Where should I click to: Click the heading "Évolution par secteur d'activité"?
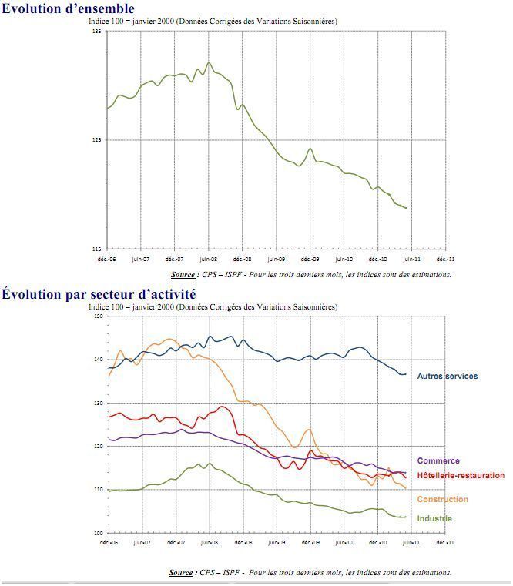click(99, 294)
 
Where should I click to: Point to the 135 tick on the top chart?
click(97, 32)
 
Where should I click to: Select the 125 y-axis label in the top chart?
click(97, 140)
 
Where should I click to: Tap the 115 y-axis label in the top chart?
click(97, 249)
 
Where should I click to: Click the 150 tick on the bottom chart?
click(97, 316)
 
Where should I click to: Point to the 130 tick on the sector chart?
click(97, 403)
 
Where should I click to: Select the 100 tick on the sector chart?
click(97, 533)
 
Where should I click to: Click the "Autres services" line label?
click(447, 377)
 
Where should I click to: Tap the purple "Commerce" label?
click(438, 461)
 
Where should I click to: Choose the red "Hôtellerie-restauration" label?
click(460, 476)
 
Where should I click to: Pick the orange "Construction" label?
click(442, 500)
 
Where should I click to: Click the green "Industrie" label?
click(434, 519)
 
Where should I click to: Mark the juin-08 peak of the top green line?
click(209, 63)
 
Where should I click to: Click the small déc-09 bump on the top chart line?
click(310, 149)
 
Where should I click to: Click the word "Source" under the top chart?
click(183, 275)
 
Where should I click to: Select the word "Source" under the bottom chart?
click(181, 573)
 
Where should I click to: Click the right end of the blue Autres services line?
click(405, 374)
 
